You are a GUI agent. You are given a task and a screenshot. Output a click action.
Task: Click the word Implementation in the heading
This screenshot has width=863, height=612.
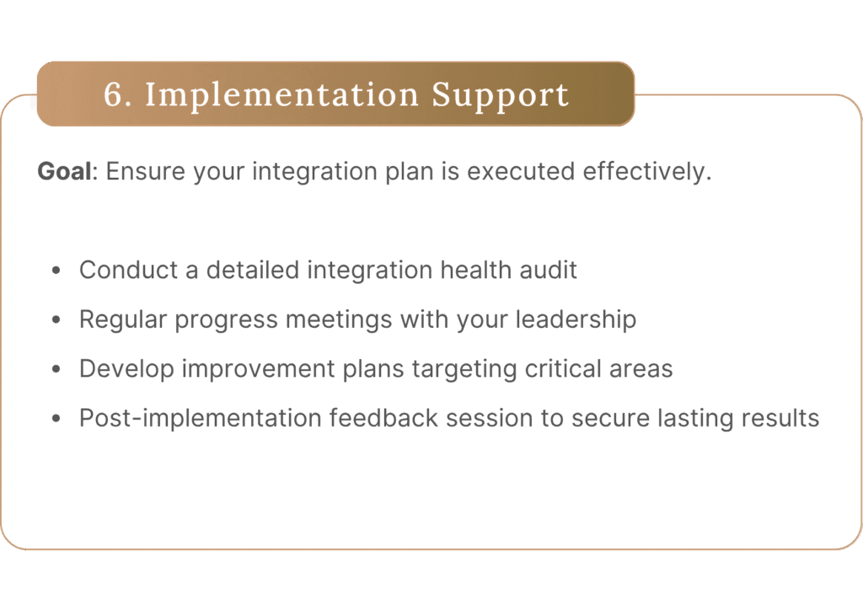[282, 94]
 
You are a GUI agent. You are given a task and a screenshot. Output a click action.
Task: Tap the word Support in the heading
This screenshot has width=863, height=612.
[501, 94]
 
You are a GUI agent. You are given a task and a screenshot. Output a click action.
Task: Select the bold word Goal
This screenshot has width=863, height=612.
[64, 171]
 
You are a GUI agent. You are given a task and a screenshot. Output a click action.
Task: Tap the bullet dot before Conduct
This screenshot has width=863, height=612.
[56, 271]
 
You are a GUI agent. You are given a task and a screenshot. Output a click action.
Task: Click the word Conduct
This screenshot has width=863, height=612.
[129, 271]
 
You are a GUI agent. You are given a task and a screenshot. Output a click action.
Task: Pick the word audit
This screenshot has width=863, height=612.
[548, 271]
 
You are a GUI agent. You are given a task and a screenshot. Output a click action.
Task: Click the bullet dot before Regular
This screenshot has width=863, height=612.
[56, 319]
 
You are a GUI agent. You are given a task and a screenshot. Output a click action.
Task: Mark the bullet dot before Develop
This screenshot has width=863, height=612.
[56, 369]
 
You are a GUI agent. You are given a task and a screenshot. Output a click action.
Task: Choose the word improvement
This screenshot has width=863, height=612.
[258, 368]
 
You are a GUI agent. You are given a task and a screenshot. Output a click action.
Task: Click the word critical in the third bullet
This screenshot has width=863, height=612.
[563, 368]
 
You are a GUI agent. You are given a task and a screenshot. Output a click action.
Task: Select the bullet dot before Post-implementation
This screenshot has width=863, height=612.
[56, 418]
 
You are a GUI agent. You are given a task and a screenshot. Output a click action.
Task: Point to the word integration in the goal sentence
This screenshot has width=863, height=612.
[314, 171]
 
